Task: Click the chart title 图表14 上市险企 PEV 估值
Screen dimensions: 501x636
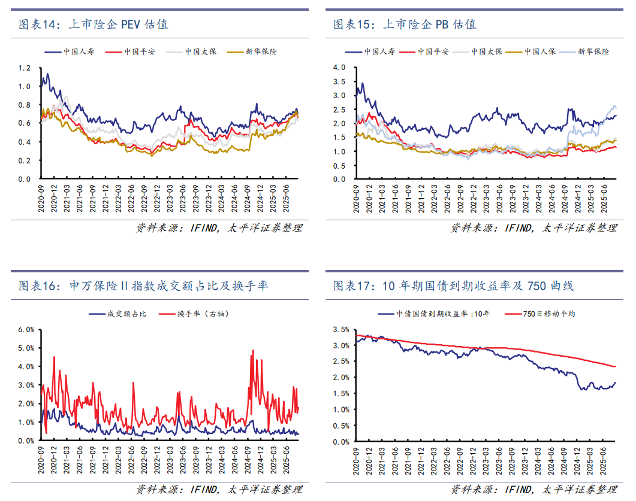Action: [93, 25]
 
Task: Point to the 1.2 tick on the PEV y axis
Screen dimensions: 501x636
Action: [24, 68]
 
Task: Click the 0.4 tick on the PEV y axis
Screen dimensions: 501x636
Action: [24, 142]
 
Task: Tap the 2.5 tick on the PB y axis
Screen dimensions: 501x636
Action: [339, 109]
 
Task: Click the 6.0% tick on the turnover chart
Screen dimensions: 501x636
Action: [26, 329]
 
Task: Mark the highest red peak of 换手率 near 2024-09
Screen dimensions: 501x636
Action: [253, 351]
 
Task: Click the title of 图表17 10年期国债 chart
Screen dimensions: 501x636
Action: [453, 286]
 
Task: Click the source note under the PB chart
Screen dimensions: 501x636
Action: [533, 228]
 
